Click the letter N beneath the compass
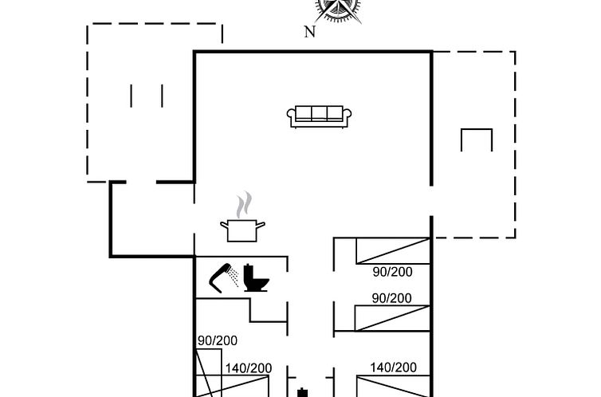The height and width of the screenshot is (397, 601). (x=310, y=32)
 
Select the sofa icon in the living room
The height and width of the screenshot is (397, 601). (x=319, y=116)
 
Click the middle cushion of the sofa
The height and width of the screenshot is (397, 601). (x=319, y=113)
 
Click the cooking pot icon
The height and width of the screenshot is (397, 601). (x=242, y=230)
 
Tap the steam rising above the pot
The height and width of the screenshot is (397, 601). (x=244, y=204)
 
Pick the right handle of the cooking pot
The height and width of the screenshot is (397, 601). (x=261, y=225)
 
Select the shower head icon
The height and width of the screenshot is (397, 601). (x=223, y=278)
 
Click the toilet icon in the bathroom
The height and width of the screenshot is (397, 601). (x=256, y=278)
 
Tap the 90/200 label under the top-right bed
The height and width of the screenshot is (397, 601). (x=392, y=272)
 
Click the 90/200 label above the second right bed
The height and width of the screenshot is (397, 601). (x=391, y=298)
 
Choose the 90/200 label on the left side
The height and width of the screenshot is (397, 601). (x=218, y=340)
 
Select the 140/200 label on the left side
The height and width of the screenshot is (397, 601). (x=249, y=368)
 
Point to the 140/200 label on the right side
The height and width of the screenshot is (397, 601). (x=393, y=368)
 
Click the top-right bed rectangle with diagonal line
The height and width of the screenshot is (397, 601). (x=393, y=251)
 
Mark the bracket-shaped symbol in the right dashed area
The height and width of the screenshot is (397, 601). (x=477, y=129)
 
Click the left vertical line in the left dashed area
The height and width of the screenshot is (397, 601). (x=131, y=96)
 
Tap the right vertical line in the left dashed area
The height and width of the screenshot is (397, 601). (x=162, y=96)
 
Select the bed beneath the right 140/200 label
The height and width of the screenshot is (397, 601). (x=394, y=386)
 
